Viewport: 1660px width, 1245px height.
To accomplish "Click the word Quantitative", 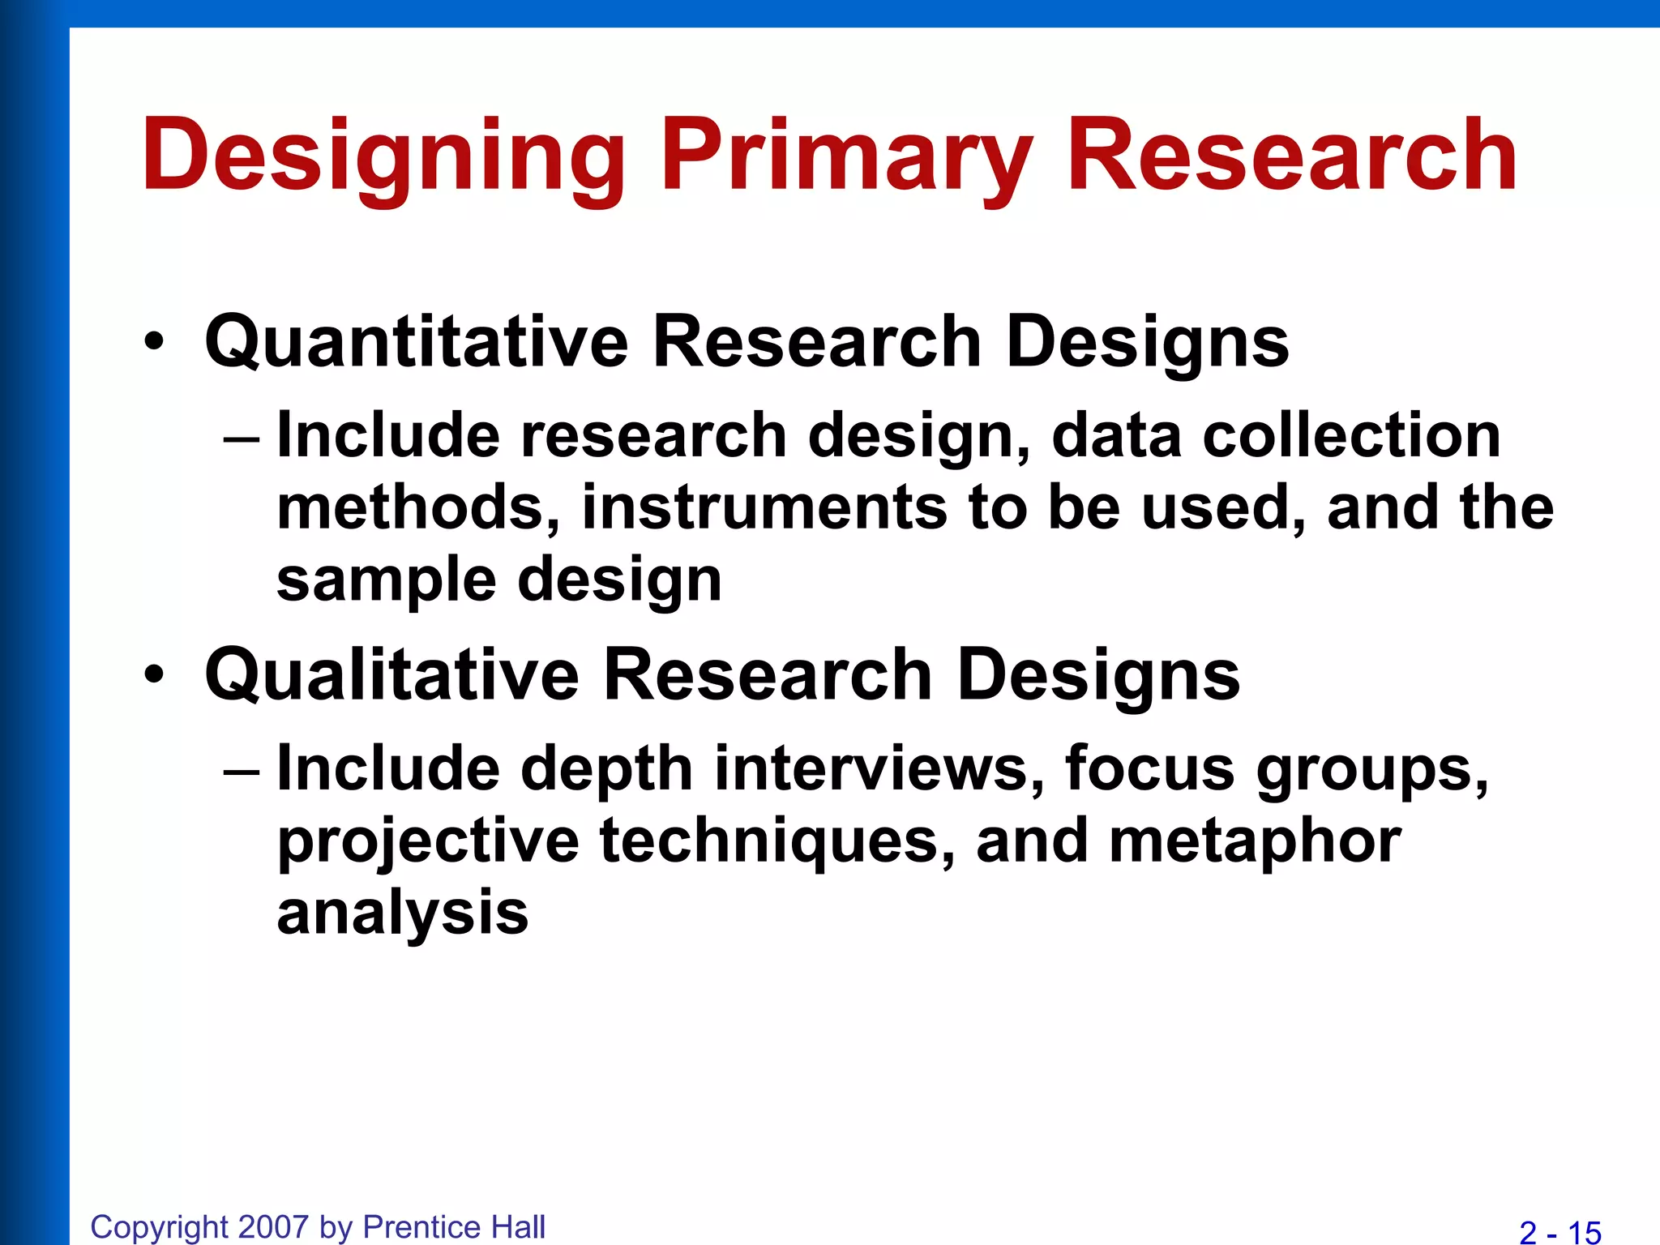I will pos(417,342).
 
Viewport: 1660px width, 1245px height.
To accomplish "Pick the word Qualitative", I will pos(392,674).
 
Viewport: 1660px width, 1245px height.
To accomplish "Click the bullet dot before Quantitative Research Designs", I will pos(154,342).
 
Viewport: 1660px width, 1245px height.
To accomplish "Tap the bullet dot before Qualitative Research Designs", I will pos(154,674).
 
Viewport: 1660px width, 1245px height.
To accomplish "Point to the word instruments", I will pos(764,507).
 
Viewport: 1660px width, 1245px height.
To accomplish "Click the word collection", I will pos(1351,435).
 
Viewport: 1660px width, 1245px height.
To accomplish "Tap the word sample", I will pos(386,580).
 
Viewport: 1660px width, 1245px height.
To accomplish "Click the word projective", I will pos(428,841).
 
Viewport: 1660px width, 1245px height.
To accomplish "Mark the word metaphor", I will pos(1255,841).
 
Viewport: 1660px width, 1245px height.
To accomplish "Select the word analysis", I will pos(402,913).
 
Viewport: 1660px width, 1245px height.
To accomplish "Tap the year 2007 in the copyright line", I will pos(274,1227).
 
